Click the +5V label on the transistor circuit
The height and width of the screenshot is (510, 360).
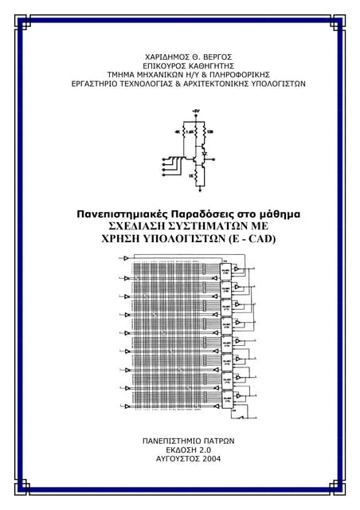pos(195,111)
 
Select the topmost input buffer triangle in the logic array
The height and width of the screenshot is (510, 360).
pos(127,258)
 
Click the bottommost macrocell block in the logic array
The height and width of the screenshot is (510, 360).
pos(227,396)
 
